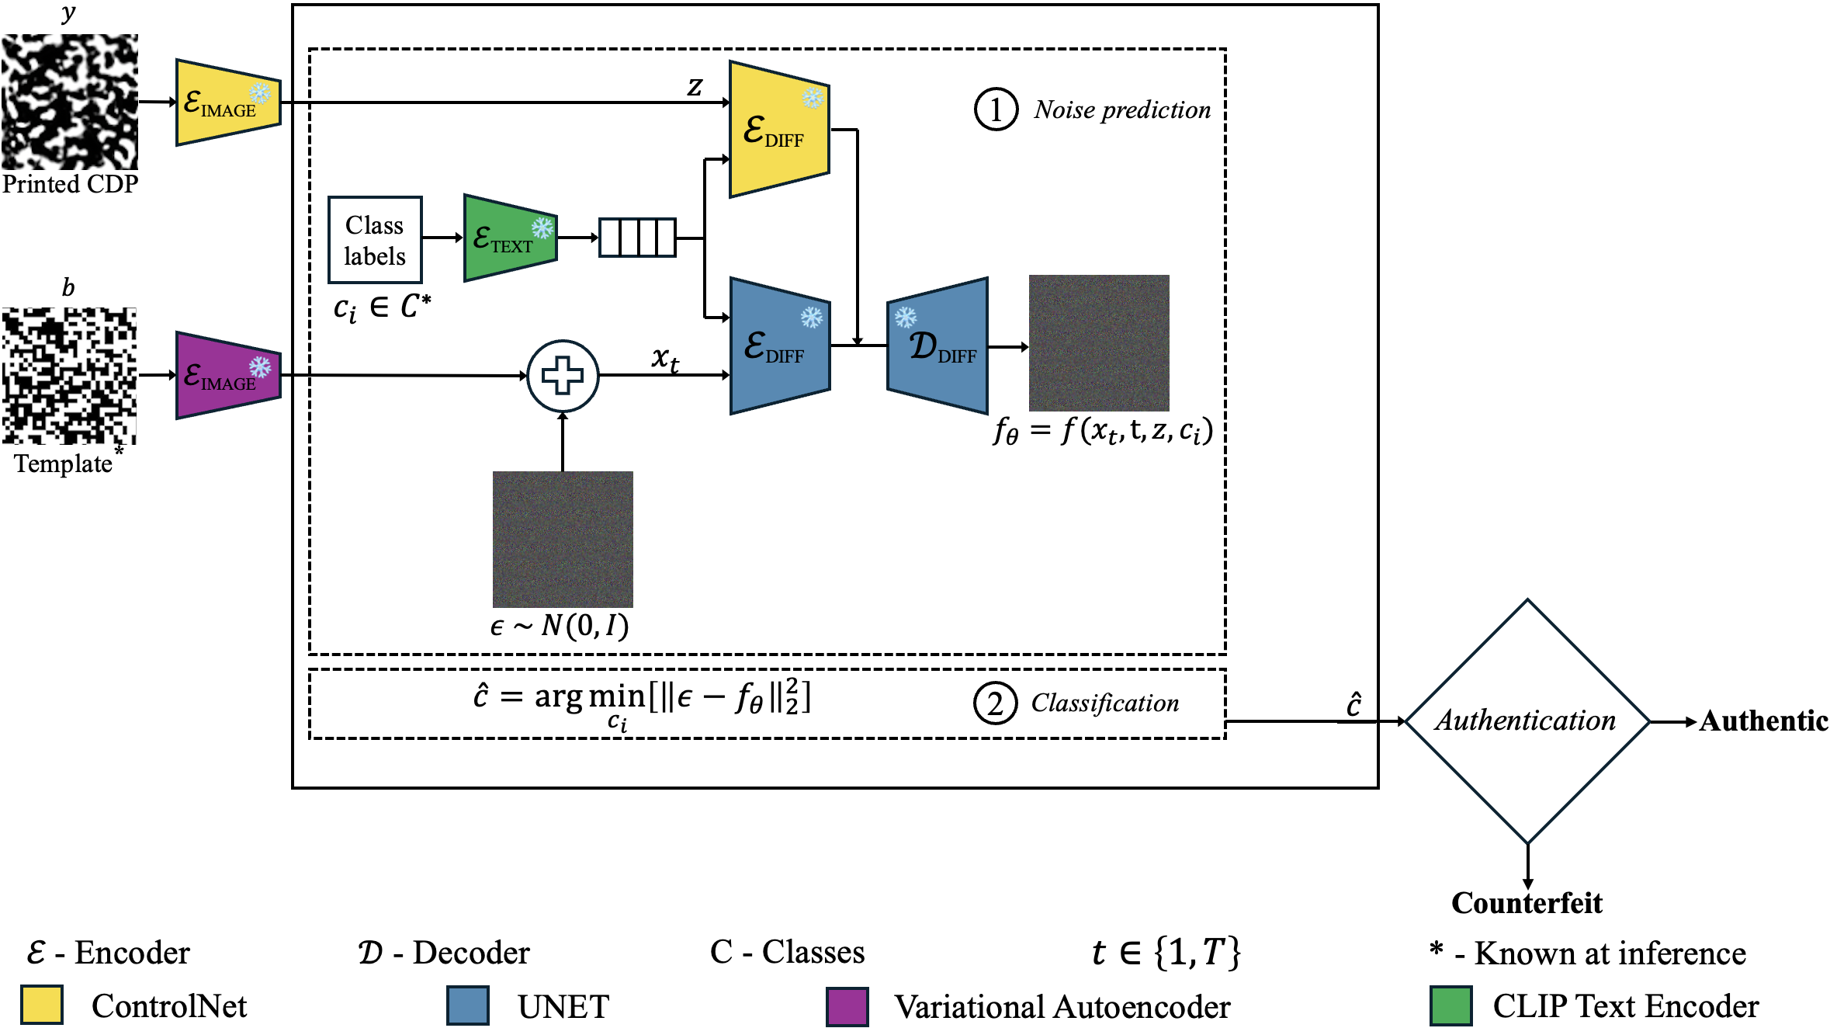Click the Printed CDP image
(70, 102)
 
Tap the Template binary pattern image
(70, 376)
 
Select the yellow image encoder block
(227, 102)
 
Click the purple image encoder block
(227, 376)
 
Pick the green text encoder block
(509, 238)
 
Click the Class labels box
(375, 240)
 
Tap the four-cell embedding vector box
(637, 238)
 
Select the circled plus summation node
(563, 376)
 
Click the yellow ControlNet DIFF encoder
(778, 129)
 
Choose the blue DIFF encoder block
(779, 346)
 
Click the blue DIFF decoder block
(938, 346)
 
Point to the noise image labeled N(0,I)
(563, 539)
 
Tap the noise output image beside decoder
(1098, 342)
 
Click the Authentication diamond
(1527, 721)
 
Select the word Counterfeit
(1527, 903)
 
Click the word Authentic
(1763, 721)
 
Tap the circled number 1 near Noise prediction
(996, 109)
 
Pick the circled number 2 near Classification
(995, 703)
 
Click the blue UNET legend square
(468, 1006)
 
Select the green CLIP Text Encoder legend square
(1450, 1006)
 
